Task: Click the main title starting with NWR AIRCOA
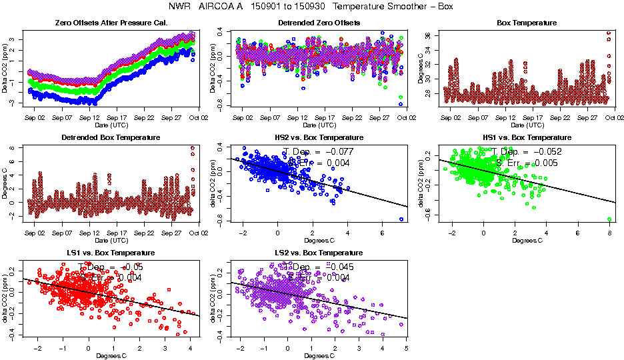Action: pyautogui.click(x=312, y=7)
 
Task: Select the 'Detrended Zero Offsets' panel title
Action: pyautogui.click(x=319, y=23)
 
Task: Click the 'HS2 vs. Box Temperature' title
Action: pyautogui.click(x=319, y=137)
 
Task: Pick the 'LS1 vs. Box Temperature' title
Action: pyautogui.click(x=111, y=253)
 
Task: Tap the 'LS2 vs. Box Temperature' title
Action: pyautogui.click(x=319, y=253)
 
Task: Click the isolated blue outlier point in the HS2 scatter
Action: pyautogui.click(x=401, y=219)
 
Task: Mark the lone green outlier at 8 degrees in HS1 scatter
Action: pyautogui.click(x=609, y=219)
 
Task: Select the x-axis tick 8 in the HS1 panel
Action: pyautogui.click(x=609, y=234)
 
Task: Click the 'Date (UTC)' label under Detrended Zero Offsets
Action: pyautogui.click(x=319, y=125)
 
